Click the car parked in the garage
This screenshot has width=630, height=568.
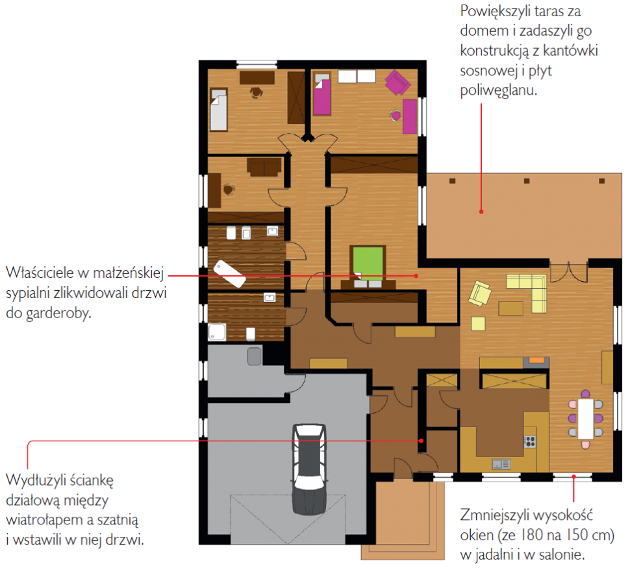click(x=309, y=469)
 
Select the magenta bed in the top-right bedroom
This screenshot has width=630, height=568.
click(x=322, y=95)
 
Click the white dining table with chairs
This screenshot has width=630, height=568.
click(x=585, y=419)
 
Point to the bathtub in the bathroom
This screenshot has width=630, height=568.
click(x=229, y=274)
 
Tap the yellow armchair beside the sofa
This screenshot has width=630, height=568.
click(x=480, y=293)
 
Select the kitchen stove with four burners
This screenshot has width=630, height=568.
click(x=530, y=441)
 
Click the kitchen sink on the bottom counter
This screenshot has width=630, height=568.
click(x=501, y=464)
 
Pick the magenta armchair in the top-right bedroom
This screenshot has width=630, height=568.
click(x=397, y=82)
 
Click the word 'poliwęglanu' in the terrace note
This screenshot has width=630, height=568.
click(x=498, y=91)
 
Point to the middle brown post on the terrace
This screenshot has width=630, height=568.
click(x=527, y=181)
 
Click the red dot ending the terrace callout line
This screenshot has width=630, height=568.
click(x=481, y=211)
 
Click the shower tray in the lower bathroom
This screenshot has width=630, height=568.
click(x=217, y=332)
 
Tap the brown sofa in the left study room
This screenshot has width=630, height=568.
click(x=264, y=167)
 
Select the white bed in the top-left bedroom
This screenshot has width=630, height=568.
click(x=219, y=110)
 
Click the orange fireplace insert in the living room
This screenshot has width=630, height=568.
click(x=536, y=360)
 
